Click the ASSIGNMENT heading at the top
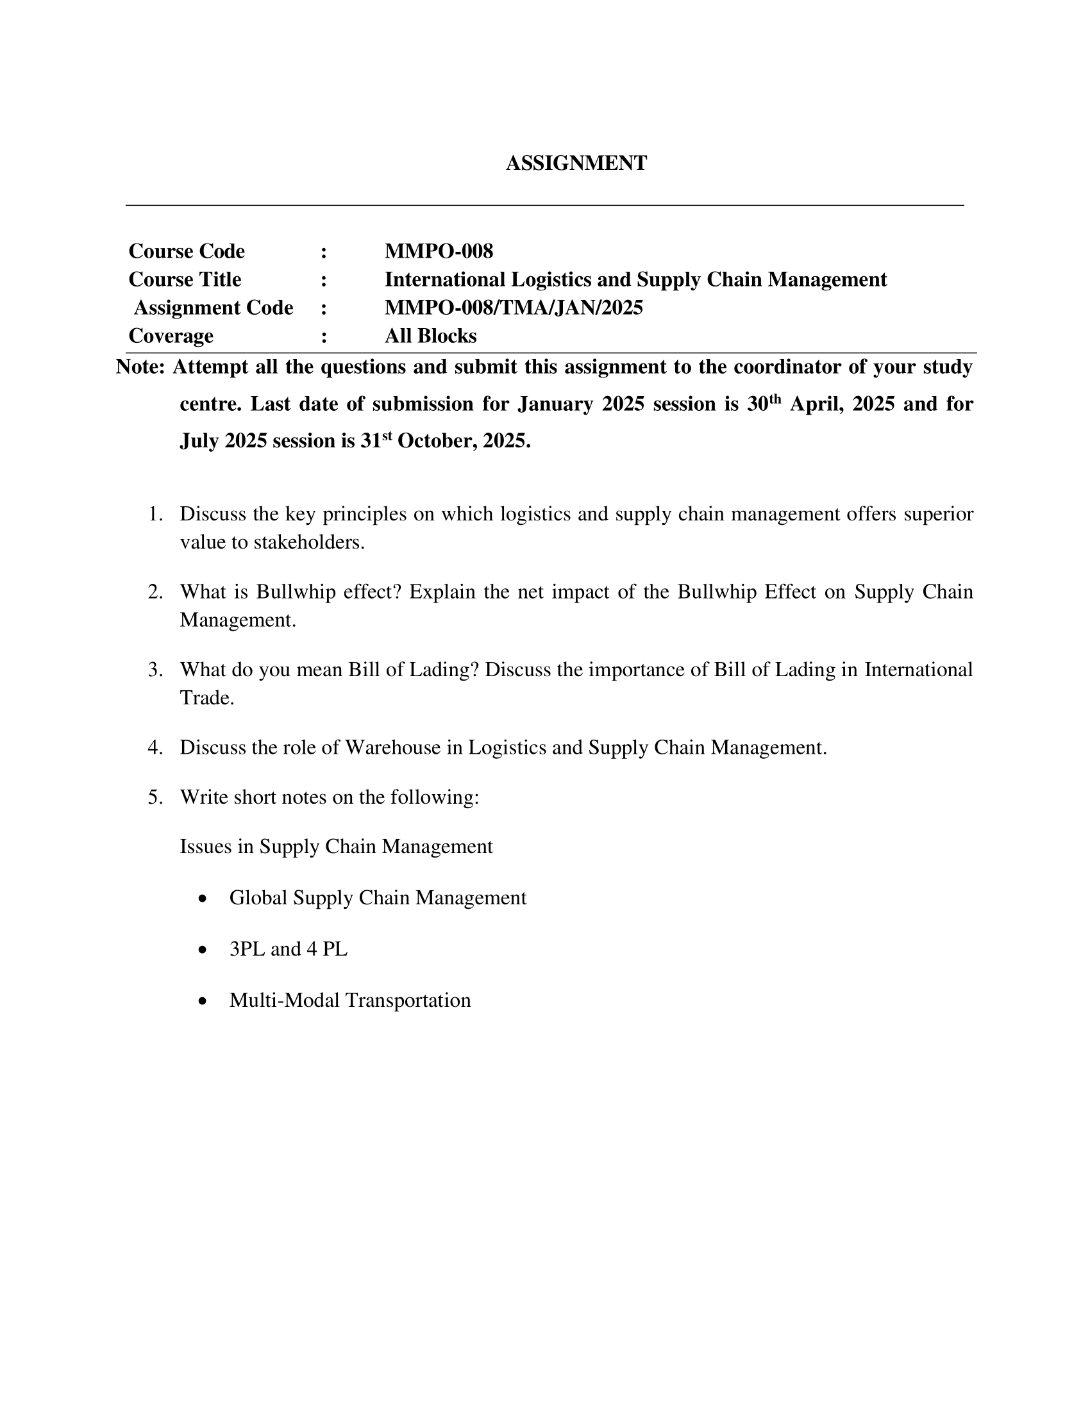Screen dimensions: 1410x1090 pos(576,163)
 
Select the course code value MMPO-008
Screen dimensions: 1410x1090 pos(439,251)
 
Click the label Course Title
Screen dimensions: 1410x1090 pos(185,279)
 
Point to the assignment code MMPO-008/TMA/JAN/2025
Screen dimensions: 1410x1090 pos(514,308)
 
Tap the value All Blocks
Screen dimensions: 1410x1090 pos(430,336)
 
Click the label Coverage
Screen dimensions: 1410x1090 pos(171,336)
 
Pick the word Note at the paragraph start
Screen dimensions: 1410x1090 pos(140,367)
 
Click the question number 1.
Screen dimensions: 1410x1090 pos(155,514)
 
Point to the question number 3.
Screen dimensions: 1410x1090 pos(155,670)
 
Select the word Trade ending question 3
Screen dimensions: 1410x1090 pos(206,698)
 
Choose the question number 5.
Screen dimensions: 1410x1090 pos(155,797)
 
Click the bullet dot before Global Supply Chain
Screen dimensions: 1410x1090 pos(203,899)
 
